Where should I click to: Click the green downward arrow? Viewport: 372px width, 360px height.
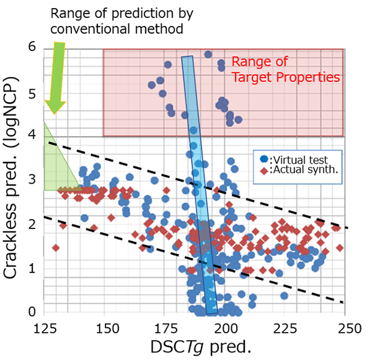click(x=56, y=78)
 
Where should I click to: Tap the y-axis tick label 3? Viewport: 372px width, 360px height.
click(x=32, y=181)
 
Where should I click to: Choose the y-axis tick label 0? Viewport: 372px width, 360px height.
click(x=32, y=312)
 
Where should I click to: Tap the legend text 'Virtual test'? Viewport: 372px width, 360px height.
click(x=300, y=158)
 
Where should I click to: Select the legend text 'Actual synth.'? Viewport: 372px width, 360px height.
click(x=303, y=170)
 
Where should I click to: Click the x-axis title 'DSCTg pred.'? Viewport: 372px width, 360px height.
click(x=196, y=345)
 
